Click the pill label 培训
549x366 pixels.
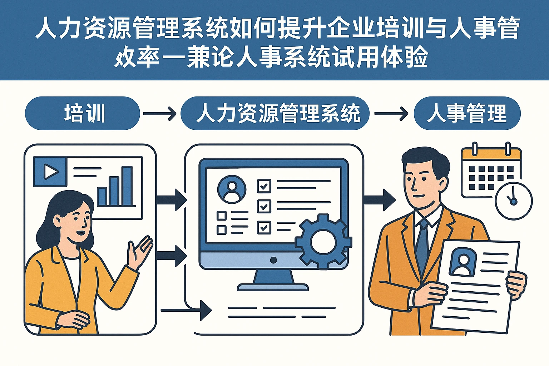[x=83, y=113]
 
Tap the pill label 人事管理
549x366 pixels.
[x=467, y=113]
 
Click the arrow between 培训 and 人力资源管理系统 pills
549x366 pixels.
[x=159, y=114]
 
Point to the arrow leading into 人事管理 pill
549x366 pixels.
[x=391, y=114]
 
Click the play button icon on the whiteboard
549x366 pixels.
[x=50, y=172]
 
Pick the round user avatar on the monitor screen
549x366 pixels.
[x=232, y=189]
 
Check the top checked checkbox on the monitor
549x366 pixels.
[x=264, y=186]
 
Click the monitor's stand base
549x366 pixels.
[x=273, y=287]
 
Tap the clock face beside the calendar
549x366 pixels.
[x=514, y=201]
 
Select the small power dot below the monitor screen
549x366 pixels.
[x=273, y=260]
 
